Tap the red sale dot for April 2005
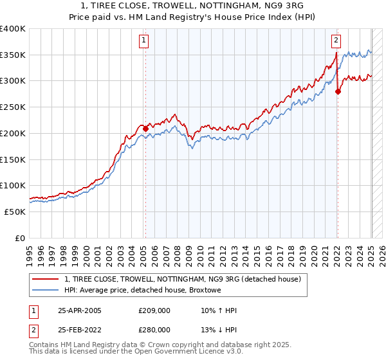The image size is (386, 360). point(145,129)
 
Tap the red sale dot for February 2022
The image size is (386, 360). point(338,91)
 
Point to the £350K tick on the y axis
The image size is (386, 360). point(13,55)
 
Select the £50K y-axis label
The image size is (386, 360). point(15,212)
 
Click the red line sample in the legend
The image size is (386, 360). point(44,279)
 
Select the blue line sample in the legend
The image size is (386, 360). point(44,290)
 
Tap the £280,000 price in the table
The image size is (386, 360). point(154,329)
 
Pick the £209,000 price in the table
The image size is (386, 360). point(154,310)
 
